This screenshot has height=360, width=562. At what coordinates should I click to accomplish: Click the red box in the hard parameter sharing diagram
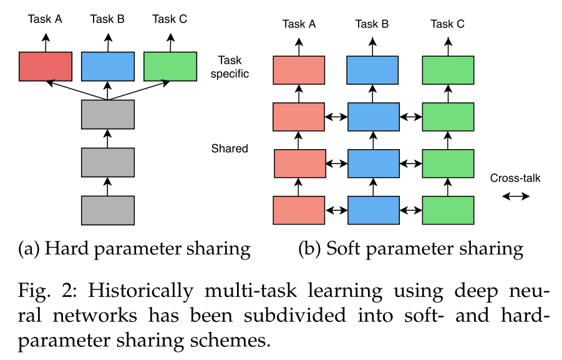coord(46,66)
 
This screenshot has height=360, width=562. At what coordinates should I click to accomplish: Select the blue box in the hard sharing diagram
coord(108,66)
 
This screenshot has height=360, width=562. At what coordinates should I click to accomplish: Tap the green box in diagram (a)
coord(170,66)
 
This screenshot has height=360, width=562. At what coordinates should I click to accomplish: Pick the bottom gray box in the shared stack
coord(108,210)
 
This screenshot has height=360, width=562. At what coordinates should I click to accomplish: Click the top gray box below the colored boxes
coord(108,114)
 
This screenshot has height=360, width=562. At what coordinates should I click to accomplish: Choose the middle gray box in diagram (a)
coord(108,162)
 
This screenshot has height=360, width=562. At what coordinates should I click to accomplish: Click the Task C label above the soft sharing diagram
coord(447,24)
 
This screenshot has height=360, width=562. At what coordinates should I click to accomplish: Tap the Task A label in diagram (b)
coord(299,24)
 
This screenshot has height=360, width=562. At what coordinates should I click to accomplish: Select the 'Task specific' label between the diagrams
coord(233,67)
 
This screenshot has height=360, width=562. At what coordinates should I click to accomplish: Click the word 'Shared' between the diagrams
coord(230,148)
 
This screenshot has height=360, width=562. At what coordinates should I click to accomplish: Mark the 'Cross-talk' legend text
coord(515,178)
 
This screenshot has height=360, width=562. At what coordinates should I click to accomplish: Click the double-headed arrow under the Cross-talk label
coord(516,196)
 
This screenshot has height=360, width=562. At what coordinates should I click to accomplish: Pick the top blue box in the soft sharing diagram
coord(372,70)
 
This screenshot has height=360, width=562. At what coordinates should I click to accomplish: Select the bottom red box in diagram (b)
coord(299,210)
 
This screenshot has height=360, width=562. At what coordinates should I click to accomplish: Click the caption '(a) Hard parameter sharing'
coord(135,249)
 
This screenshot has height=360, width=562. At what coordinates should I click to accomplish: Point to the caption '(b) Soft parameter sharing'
coord(410,249)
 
